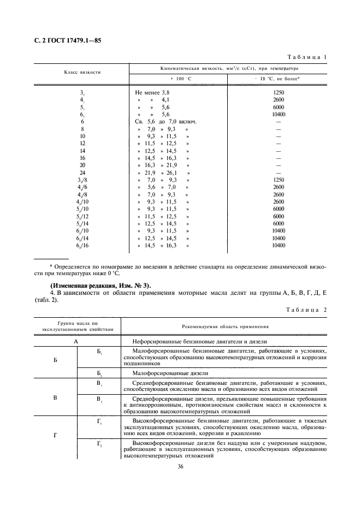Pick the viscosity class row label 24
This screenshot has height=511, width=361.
[82, 173]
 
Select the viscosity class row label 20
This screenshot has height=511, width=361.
[82, 165]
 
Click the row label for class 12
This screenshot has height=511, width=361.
[82, 143]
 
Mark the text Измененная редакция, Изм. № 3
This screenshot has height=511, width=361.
[101, 286]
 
